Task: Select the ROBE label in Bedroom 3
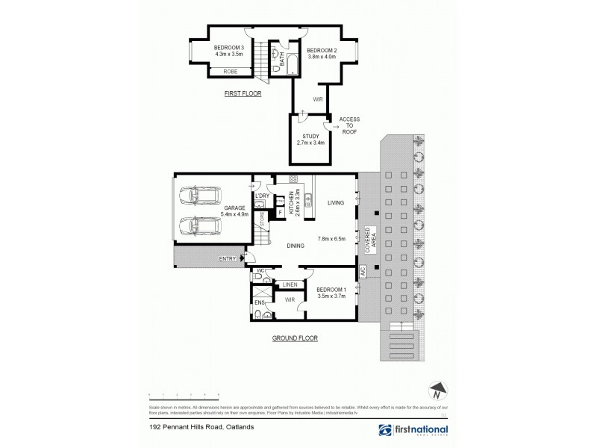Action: point(232,72)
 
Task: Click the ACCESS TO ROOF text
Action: point(349,125)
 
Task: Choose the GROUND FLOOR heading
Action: point(296,337)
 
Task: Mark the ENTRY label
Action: point(228,258)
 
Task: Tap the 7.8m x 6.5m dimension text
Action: point(332,239)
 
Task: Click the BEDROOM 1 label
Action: point(331,288)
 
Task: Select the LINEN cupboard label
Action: point(290,284)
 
